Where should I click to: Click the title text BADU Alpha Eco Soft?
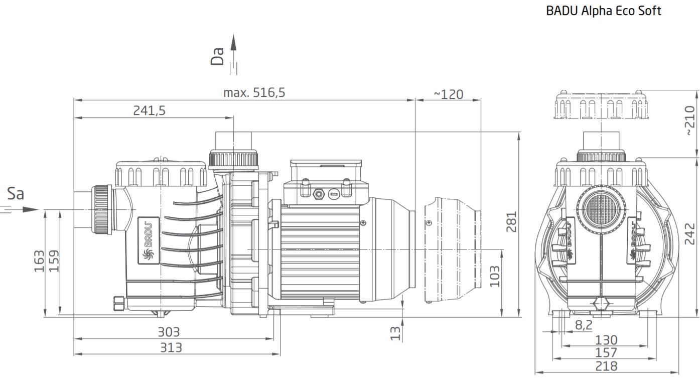(604, 11)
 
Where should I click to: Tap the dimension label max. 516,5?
(254, 92)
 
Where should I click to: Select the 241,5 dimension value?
(149, 110)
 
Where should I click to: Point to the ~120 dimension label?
(449, 94)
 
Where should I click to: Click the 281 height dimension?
(511, 222)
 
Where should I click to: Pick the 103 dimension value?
(494, 276)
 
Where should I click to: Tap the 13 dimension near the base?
(395, 333)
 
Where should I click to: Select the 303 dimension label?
(169, 332)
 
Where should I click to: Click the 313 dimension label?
(171, 347)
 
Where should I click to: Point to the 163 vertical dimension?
(39, 261)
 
